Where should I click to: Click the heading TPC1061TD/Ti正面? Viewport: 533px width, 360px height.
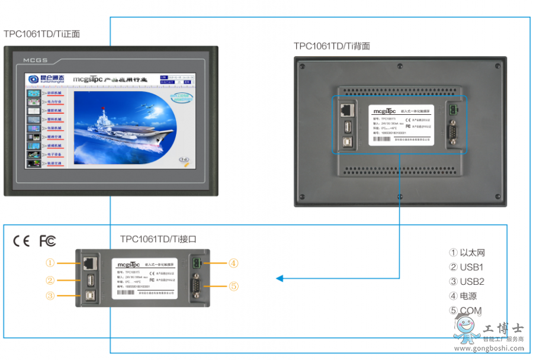pyautogui.click(x=42, y=34)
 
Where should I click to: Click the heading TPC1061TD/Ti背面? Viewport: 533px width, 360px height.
pyautogui.click(x=332, y=46)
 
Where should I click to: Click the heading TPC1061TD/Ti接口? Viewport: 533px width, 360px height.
pyautogui.click(x=158, y=239)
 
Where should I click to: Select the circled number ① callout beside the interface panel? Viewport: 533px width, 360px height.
pyautogui.click(x=50, y=263)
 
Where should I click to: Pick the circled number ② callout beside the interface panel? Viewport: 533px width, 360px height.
pyautogui.click(x=50, y=281)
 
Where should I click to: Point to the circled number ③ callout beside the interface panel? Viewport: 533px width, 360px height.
pyautogui.click(x=50, y=295)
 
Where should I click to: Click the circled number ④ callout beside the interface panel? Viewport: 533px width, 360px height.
pyautogui.click(x=234, y=263)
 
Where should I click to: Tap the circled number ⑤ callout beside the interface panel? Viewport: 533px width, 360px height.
pyautogui.click(x=234, y=287)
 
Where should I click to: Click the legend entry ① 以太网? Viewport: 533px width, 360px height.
pyautogui.click(x=467, y=253)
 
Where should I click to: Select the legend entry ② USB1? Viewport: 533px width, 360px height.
pyautogui.click(x=467, y=267)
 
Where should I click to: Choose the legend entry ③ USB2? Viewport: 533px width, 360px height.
pyautogui.click(x=467, y=282)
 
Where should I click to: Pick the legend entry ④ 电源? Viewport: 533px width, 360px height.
pyautogui.click(x=463, y=296)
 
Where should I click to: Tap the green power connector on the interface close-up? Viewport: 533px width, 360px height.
pyautogui.click(x=196, y=263)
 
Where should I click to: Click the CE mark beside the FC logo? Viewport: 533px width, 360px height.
pyautogui.click(x=22, y=241)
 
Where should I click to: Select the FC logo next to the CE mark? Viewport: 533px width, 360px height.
pyautogui.click(x=47, y=241)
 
